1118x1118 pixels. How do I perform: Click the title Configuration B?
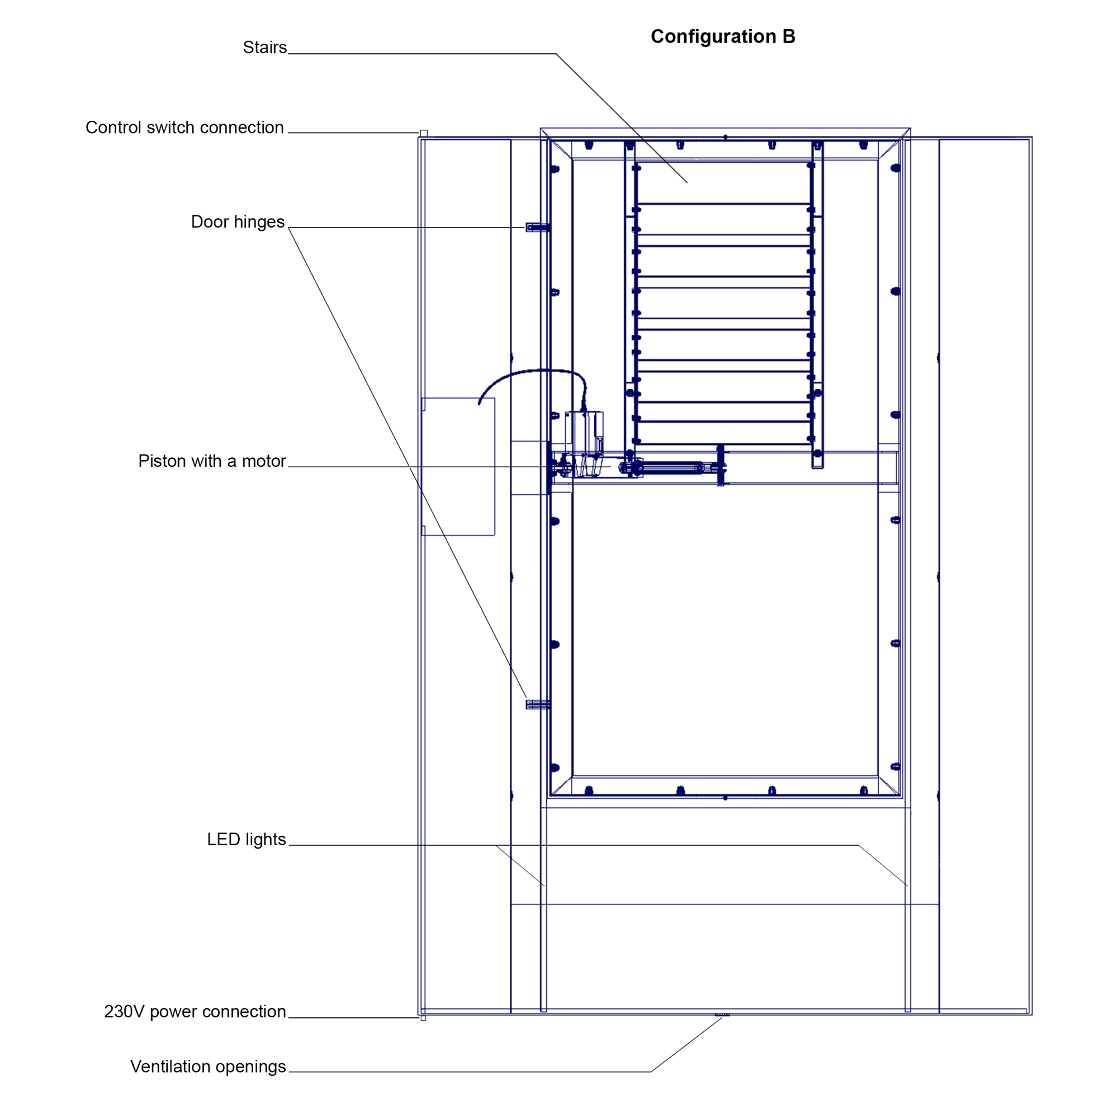pyautogui.click(x=723, y=36)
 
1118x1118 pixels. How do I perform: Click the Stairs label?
pyautogui.click(x=264, y=48)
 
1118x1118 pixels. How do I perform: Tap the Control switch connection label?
pyautogui.click(x=184, y=127)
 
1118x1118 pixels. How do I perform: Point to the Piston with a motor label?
pyautogui.click(x=212, y=461)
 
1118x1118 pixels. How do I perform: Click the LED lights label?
pyautogui.click(x=247, y=839)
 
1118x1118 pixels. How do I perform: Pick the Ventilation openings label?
pyautogui.click(x=208, y=1066)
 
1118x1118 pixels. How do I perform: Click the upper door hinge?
pyautogui.click(x=537, y=228)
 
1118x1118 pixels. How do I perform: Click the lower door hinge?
pyautogui.click(x=537, y=704)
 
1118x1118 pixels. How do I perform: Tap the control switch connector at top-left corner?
pyautogui.click(x=424, y=134)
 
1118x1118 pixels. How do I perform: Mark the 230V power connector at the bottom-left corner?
pyautogui.click(x=423, y=1018)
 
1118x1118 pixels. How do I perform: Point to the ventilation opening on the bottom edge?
pyautogui.click(x=722, y=1015)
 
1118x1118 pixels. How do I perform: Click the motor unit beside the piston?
pyautogui.click(x=585, y=443)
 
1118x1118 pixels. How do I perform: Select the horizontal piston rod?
pyautogui.click(x=671, y=467)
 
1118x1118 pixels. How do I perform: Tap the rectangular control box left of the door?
pyautogui.click(x=458, y=466)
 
